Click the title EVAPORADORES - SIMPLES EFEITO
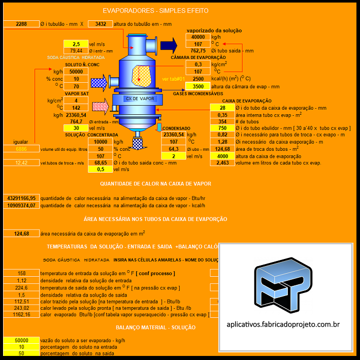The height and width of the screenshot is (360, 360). click(155, 10)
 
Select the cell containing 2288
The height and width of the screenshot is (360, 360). click(21, 24)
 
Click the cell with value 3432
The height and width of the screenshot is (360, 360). click(101, 24)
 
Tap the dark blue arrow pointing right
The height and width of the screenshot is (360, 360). click(169, 45)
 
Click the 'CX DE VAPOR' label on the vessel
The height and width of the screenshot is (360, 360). click(140, 99)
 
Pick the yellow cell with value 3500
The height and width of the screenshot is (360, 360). click(198, 86)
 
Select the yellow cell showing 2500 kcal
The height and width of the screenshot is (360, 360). click(198, 79)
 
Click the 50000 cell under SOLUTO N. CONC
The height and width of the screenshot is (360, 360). click(76, 72)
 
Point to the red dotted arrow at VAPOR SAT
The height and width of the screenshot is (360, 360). click(101, 107)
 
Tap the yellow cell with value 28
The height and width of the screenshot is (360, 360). click(222, 108)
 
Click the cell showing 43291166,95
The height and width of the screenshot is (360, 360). click(21, 198)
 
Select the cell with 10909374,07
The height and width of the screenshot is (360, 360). click(21, 205)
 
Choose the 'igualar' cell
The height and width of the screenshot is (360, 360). click(21, 142)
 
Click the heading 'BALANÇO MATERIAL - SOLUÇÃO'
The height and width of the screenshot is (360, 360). click(155, 328)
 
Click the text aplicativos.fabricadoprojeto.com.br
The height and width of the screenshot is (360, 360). click(283, 323)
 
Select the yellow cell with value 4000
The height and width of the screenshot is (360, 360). click(222, 156)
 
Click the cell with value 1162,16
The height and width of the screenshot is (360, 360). click(21, 315)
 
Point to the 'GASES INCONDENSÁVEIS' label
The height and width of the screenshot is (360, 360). click(198, 93)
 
